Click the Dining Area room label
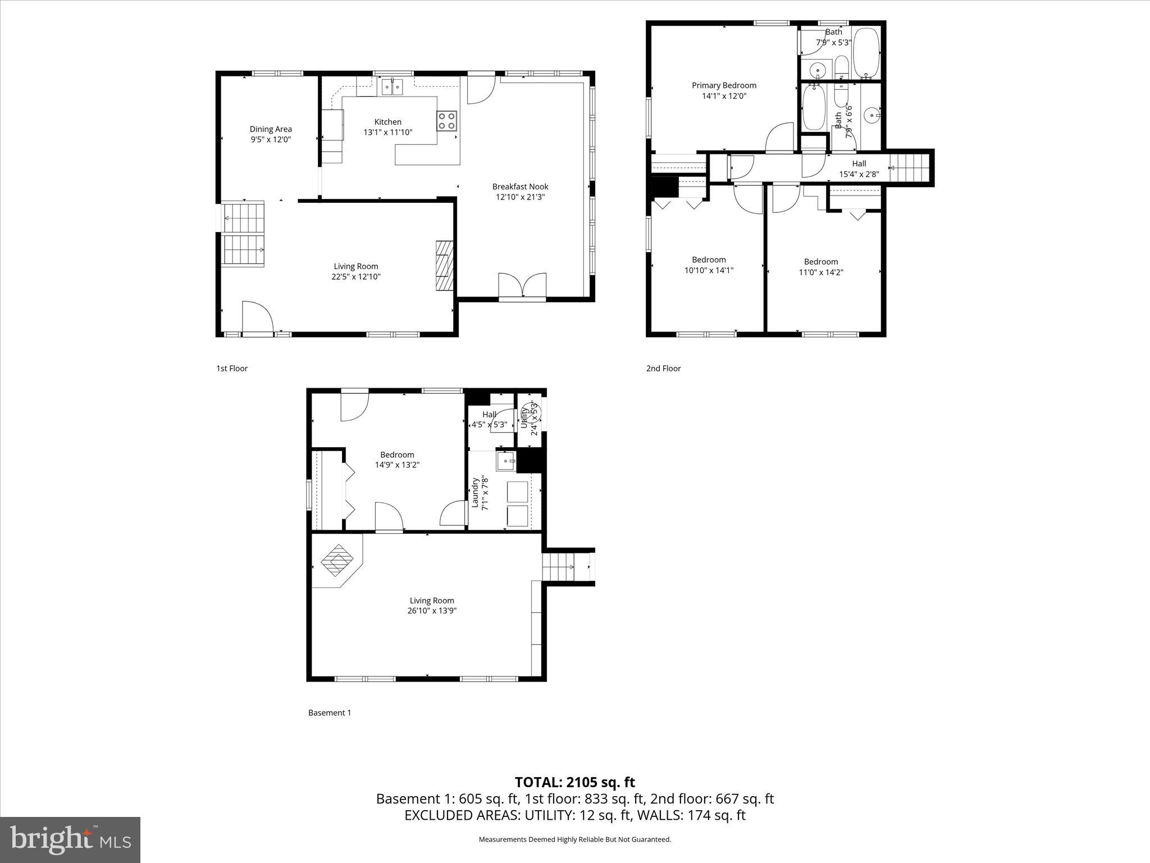point(271,129)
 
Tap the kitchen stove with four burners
point(447,121)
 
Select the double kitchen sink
point(393,87)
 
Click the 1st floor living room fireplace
point(444,266)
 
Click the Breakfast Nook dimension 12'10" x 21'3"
point(520,197)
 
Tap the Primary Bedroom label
point(724,85)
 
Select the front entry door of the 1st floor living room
point(257,319)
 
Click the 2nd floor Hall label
point(859,163)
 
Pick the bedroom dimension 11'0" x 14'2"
point(821,272)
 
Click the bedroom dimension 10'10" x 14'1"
point(709,270)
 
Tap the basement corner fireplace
point(337,560)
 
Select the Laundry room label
point(475,493)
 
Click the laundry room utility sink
point(505,461)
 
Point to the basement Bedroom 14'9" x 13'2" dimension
point(397,465)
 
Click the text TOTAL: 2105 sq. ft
point(574,782)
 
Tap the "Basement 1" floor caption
point(330,713)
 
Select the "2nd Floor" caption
point(663,369)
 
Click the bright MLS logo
point(70,839)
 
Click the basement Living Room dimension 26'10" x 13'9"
point(432,611)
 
